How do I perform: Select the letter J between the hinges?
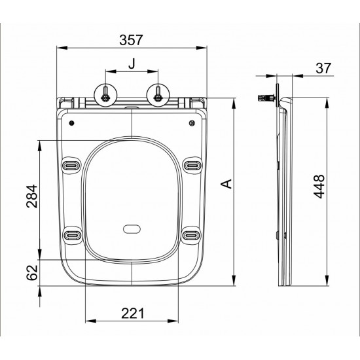[x=132, y=64]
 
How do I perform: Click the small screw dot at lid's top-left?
[x=71, y=122]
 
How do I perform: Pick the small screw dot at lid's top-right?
[x=193, y=122]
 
